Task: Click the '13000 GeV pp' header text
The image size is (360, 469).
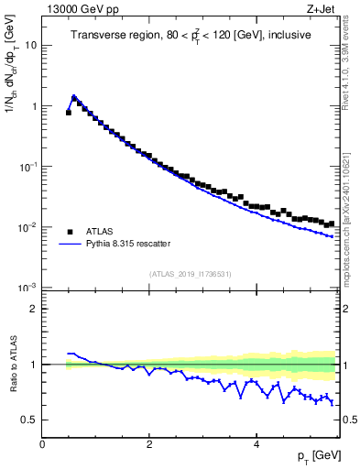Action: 81,10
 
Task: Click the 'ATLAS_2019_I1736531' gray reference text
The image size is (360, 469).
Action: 191,274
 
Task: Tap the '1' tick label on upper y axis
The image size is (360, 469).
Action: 33,106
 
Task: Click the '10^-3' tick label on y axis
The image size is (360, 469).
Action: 27,288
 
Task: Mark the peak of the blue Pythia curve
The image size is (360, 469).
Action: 74,96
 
